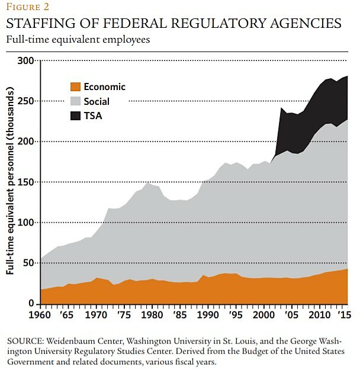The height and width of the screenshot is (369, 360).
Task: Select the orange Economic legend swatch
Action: [75, 87]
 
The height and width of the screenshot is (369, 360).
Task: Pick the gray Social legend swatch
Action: [75, 102]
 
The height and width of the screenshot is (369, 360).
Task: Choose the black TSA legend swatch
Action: [75, 116]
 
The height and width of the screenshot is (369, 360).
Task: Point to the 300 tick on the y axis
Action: [26, 60]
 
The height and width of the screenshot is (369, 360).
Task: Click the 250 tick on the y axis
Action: [26, 101]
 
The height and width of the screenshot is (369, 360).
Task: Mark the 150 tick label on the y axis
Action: [26, 182]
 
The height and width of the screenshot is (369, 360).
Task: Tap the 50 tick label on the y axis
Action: [28, 263]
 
